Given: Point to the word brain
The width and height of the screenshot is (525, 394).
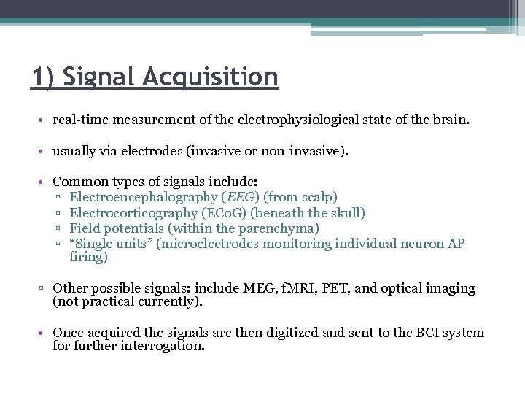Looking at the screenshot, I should point(451,120).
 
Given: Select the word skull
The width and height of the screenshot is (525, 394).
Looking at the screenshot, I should point(346,212).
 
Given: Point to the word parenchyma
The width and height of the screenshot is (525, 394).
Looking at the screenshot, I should point(282,228).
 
